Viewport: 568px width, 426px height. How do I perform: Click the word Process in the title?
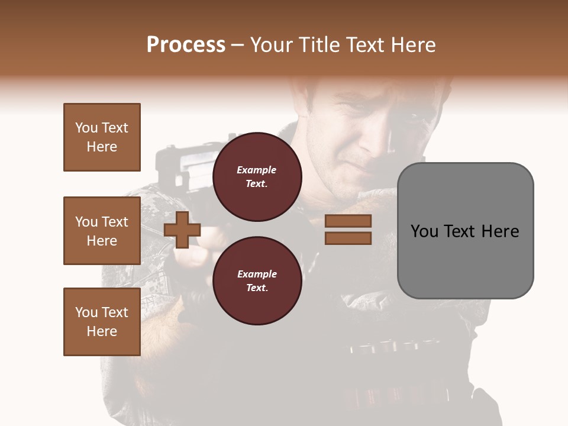point(186,45)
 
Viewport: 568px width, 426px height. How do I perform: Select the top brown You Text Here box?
point(102,137)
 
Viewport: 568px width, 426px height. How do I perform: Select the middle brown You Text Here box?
point(102,231)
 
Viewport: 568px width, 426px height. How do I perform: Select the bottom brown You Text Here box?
point(102,322)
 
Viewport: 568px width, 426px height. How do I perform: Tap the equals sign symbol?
point(348,230)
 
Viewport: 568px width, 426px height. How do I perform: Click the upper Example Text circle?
point(257,176)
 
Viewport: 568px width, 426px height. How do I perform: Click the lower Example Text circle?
point(257,280)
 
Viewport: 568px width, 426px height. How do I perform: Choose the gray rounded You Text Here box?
point(465,231)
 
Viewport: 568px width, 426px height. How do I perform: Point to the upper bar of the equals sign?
point(348,221)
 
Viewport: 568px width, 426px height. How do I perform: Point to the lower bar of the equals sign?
point(348,238)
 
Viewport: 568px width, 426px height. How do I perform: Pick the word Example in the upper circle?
point(257,170)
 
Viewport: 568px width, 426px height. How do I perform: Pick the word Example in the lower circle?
point(257,275)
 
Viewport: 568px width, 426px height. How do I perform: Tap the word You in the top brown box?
point(85,128)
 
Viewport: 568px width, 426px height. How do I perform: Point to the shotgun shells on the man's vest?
point(385,346)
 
